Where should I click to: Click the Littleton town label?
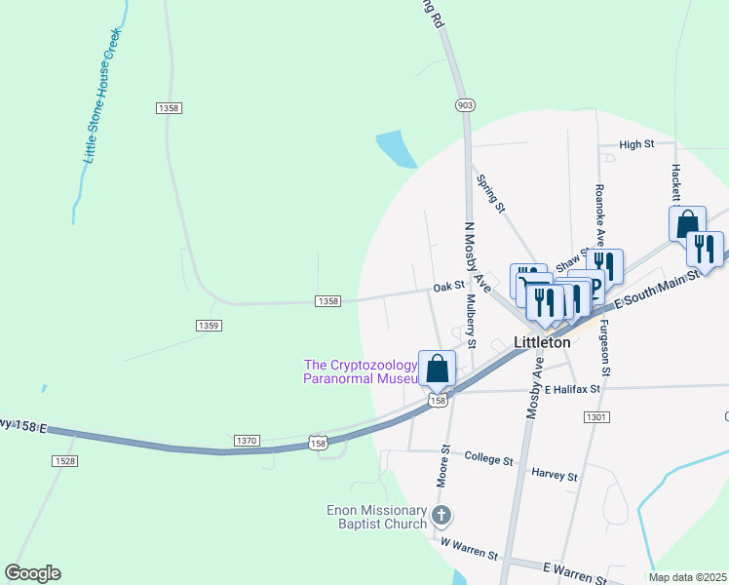pyautogui.click(x=542, y=343)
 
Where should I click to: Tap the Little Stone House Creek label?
pyautogui.click(x=101, y=96)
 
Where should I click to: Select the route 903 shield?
pyautogui.click(x=465, y=104)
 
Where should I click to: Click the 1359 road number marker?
pyautogui.click(x=209, y=326)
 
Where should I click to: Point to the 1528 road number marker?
pyautogui.click(x=65, y=460)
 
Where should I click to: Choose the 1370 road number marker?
pyautogui.click(x=247, y=441)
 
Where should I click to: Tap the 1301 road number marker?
pyautogui.click(x=596, y=417)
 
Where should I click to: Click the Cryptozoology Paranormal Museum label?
pyautogui.click(x=361, y=371)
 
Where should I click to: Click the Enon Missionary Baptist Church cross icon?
pyautogui.click(x=441, y=516)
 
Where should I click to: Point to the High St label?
pyautogui.click(x=635, y=144)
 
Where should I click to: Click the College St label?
pyautogui.click(x=488, y=456)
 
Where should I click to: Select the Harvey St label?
pyautogui.click(x=555, y=477)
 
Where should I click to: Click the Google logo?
pyautogui.click(x=32, y=573)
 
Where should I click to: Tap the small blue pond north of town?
pyautogui.click(x=397, y=149)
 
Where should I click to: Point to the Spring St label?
pyautogui.click(x=490, y=193)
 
